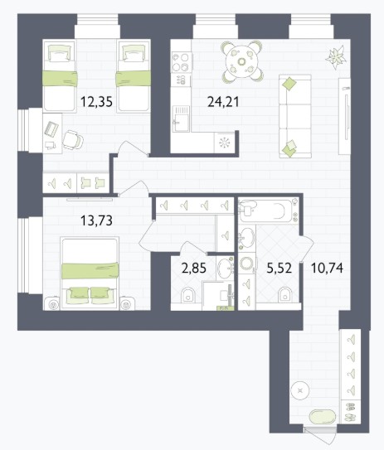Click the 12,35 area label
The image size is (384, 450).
(96, 102)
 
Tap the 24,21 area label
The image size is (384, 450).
(223, 102)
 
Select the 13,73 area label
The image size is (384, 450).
(96, 220)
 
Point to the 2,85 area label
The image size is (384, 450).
(194, 269)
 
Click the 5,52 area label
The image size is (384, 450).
(279, 269)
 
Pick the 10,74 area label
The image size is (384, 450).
(327, 269)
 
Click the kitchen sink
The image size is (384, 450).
(181, 119)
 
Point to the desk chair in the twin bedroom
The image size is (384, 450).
(73, 140)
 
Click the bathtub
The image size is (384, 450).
(269, 211)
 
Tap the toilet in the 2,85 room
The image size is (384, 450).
(188, 295)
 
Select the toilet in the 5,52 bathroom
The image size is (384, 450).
(285, 294)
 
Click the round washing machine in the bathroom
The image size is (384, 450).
(246, 263)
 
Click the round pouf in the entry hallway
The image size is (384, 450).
(300, 390)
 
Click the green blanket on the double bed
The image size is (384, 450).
(90, 271)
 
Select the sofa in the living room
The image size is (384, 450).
(295, 116)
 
